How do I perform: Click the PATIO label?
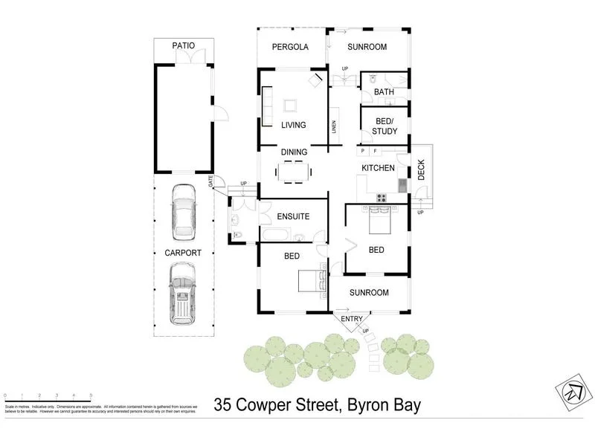pos(184,45)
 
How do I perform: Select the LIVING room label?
pos(294,125)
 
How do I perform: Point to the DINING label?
pos(294,152)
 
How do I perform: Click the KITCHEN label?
pos(378,169)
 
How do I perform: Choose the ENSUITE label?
pos(292,217)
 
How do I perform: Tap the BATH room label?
pos(384,92)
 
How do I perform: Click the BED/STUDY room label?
pos(385,126)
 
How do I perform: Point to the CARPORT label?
pos(183,253)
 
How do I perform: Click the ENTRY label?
pos(352,319)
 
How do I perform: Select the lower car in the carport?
pos(183,297)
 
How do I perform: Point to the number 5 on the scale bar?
pos(91,395)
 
